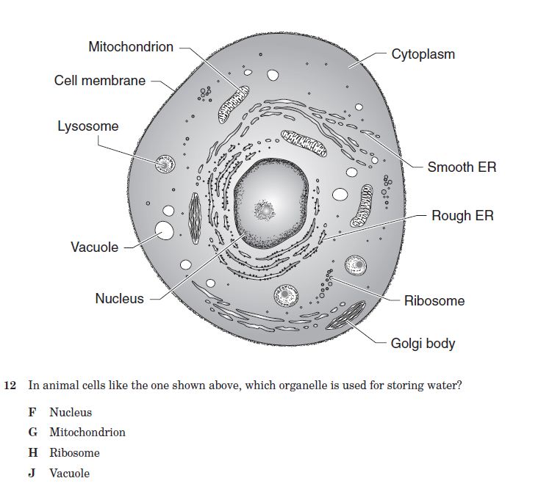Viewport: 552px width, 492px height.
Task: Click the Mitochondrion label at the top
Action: [131, 47]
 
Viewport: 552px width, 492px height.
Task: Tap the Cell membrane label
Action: [100, 80]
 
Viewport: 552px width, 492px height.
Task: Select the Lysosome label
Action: [87, 126]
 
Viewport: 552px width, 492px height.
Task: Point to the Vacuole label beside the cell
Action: [94, 247]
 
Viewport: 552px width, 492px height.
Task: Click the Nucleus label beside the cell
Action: [119, 299]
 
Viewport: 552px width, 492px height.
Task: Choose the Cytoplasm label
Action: [423, 54]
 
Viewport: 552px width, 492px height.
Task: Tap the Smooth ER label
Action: [462, 167]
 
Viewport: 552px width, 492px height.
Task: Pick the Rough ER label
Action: [462, 216]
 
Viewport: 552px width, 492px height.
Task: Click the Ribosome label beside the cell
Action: [434, 300]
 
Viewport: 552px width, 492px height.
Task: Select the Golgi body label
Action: [423, 343]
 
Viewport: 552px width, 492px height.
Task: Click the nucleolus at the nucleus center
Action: [264, 210]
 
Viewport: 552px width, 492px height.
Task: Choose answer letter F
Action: [32, 413]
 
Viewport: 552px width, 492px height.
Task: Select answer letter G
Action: [33, 433]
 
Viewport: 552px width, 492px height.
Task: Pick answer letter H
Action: [33, 453]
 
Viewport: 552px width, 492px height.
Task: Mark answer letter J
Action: [32, 474]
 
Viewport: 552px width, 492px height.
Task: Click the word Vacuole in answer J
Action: [69, 474]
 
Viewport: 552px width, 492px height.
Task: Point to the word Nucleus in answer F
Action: [71, 413]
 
